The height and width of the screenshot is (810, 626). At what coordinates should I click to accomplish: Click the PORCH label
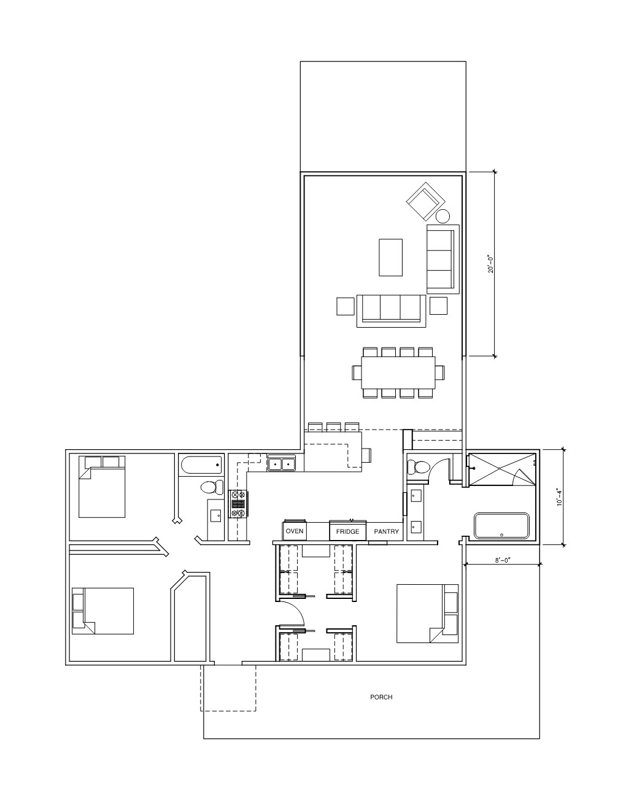381,696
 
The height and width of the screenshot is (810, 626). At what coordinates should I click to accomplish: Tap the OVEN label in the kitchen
295,531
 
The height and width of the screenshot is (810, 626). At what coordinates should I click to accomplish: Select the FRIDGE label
347,531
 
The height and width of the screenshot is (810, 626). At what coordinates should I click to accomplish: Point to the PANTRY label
386,531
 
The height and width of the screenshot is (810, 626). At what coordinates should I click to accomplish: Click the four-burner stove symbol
238,504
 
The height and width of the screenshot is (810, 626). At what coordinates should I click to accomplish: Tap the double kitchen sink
282,464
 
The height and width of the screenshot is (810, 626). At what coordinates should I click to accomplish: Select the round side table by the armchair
442,216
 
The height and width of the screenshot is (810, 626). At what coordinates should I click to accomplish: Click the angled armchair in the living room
425,201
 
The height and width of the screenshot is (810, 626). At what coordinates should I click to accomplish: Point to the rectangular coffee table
390,257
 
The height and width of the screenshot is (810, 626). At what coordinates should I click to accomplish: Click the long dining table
398,372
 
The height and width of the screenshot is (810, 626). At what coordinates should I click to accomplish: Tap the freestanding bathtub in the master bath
501,526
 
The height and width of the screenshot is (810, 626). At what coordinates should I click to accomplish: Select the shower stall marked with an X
501,469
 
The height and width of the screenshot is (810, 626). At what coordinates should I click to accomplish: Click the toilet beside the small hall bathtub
211,487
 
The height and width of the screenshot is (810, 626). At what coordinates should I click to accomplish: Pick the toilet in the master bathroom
415,467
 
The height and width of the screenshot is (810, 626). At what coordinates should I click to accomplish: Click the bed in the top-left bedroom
102,487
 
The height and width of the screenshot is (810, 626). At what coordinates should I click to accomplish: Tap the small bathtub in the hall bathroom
201,465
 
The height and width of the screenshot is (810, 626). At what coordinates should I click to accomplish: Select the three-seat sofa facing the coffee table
391,311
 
